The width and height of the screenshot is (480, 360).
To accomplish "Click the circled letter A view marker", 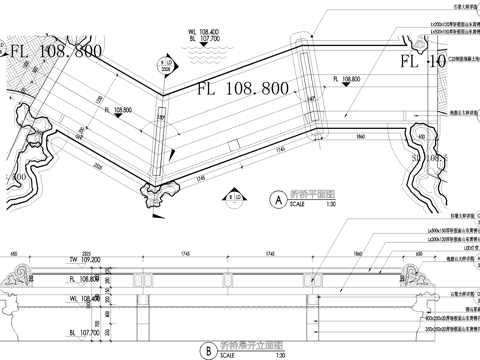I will coord(273,198).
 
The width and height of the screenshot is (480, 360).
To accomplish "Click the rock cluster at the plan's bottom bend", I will coord(158,194).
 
